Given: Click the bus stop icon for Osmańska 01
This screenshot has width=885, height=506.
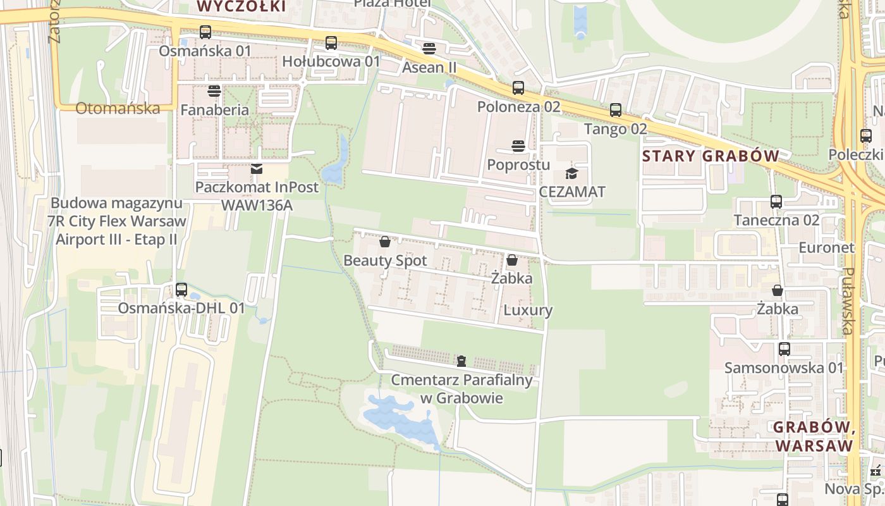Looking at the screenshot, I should click(205, 32).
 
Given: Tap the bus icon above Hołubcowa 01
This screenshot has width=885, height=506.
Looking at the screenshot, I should click(331, 43).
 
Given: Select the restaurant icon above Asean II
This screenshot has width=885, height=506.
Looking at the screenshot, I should click(429, 49).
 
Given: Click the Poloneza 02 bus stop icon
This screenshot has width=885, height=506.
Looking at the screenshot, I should click(518, 88).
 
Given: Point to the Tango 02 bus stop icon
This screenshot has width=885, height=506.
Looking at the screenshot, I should click(616, 110).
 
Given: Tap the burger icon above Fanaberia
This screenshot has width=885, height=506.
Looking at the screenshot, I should click(214, 91).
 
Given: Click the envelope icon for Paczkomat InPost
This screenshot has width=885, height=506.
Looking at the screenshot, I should click(256, 169).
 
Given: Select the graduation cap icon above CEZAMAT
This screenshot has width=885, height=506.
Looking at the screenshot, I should click(571, 173).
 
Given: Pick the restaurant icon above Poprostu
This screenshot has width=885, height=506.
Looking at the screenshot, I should click(518, 146).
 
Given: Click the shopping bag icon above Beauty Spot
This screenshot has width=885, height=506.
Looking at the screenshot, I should click(384, 242).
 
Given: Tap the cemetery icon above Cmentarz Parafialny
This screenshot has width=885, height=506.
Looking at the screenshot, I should click(461, 361).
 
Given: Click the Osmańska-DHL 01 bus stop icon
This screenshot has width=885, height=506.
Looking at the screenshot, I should click(181, 290).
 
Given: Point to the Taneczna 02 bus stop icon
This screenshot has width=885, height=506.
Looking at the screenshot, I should click(776, 202).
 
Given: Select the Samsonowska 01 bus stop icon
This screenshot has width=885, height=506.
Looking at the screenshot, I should click(784, 349).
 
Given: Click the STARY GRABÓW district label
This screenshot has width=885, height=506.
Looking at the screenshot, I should click(710, 156).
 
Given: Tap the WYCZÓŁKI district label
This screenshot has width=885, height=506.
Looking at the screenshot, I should click(241, 6).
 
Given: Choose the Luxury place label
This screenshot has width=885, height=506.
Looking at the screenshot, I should click(528, 311).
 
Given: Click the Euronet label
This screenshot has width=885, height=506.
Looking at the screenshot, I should click(826, 247).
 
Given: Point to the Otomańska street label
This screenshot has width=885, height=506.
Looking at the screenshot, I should click(118, 108).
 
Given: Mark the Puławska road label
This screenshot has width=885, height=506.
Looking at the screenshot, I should click(848, 301).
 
